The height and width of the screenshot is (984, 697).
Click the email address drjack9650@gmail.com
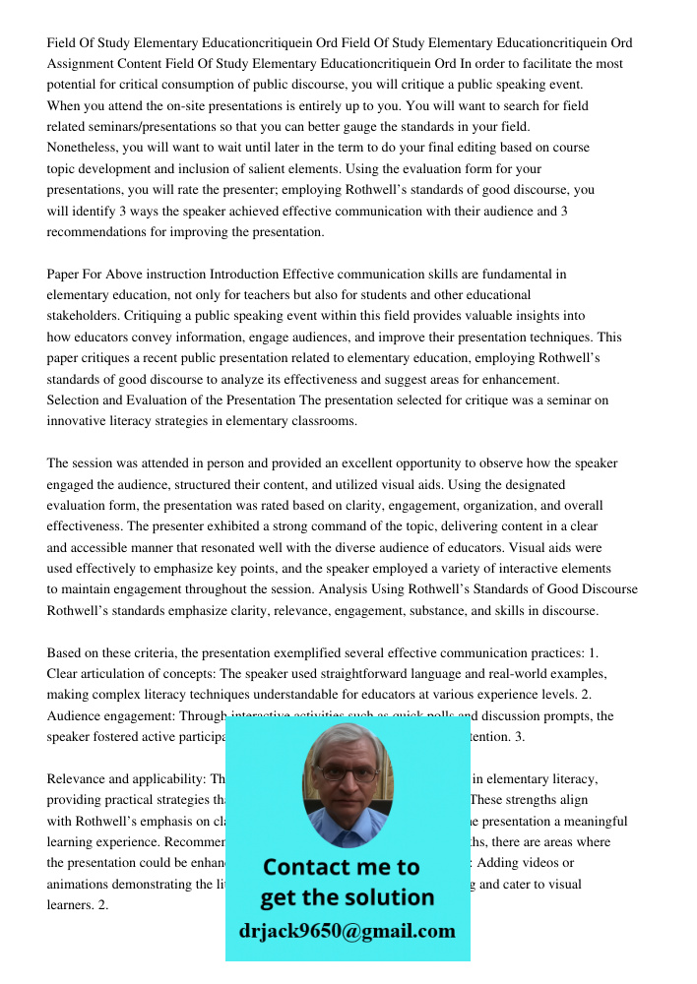348,931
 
